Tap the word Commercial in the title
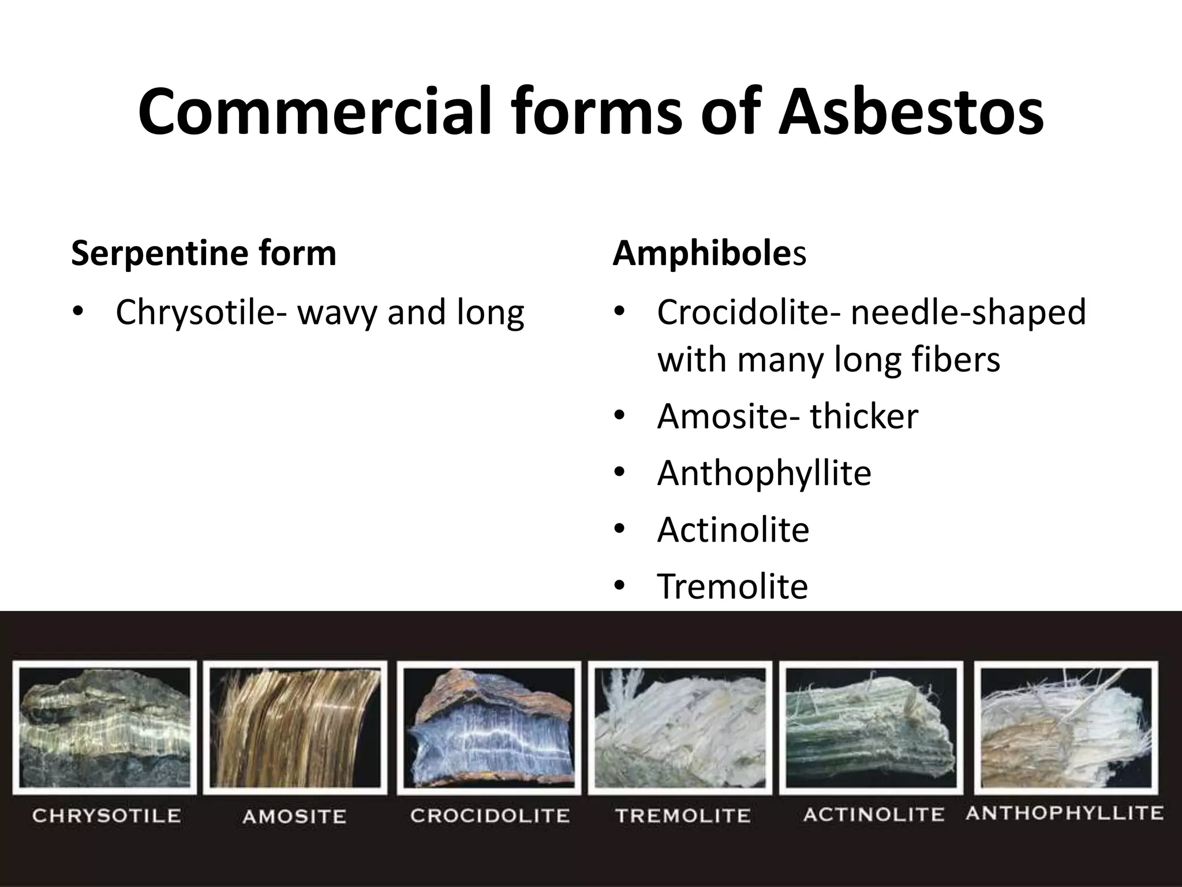click(312, 111)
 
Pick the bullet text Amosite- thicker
click(787, 416)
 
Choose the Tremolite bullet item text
click(732, 586)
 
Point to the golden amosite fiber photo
click(295, 728)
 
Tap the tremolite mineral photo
click(680, 728)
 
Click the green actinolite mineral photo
click(871, 728)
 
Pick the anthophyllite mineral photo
click(1065, 728)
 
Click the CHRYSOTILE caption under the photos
click(106, 816)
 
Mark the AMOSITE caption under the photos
click(294, 817)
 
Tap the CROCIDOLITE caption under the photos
click(489, 816)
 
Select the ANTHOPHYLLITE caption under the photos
click(1064, 813)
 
